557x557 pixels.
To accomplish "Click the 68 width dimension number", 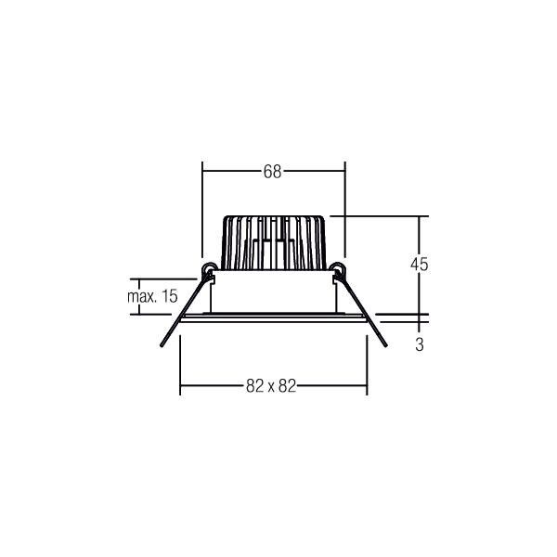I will click(x=273, y=172).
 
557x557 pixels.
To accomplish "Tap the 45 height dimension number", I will click(x=419, y=264).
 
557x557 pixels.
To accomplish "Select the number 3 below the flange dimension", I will click(x=420, y=344).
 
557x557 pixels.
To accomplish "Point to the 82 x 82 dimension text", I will click(x=271, y=387).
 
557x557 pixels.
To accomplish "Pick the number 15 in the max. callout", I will click(x=168, y=297).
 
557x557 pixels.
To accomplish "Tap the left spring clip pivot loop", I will click(x=210, y=270).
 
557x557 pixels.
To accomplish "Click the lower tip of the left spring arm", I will click(x=161, y=346).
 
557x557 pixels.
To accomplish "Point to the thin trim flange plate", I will click(x=273, y=317).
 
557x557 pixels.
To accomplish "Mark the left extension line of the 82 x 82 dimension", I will click(x=179, y=362).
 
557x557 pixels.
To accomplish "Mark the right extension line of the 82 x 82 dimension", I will click(x=368, y=362).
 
